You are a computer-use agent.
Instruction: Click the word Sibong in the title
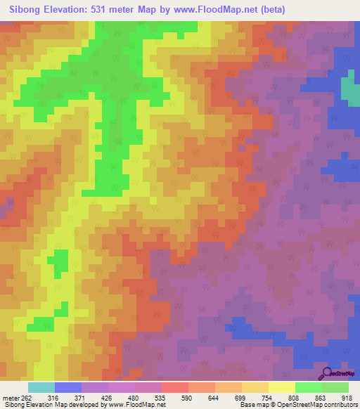pyautogui.click(x=28, y=10)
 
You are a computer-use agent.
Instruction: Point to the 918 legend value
pyautogui.click(x=348, y=398)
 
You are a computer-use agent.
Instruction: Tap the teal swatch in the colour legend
pyautogui.click(x=41, y=387)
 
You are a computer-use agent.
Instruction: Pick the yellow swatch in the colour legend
pyautogui.click(x=281, y=387)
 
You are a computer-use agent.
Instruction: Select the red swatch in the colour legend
pyautogui.click(x=175, y=387)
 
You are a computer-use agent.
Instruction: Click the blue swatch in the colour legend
pyautogui.click(x=68, y=387)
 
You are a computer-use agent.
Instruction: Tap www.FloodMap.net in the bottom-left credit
pyautogui.click(x=138, y=405)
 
